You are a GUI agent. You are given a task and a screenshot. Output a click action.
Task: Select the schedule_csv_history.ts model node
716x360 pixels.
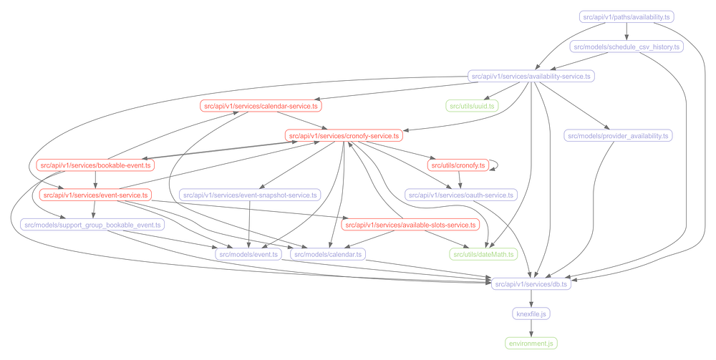point(626,47)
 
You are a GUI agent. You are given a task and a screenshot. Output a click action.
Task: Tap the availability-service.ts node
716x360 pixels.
point(531,76)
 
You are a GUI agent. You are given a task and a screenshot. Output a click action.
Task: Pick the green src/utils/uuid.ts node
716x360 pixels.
point(471,106)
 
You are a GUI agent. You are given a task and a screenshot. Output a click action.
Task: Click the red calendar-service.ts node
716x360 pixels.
point(261,106)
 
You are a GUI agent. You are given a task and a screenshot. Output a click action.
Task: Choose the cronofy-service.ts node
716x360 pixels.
point(344,135)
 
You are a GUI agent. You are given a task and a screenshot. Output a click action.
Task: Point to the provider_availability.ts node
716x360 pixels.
point(618,135)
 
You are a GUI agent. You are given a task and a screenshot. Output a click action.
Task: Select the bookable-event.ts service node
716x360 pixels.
point(95,165)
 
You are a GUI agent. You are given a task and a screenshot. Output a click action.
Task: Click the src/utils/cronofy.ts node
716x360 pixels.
point(457,165)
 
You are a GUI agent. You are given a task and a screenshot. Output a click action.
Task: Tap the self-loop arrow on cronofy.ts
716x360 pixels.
point(496,164)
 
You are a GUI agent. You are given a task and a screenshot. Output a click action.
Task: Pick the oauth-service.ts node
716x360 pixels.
point(460,195)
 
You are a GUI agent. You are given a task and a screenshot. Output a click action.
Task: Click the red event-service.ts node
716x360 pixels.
point(95,195)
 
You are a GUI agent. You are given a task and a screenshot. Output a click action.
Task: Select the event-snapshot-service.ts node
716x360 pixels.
point(250,195)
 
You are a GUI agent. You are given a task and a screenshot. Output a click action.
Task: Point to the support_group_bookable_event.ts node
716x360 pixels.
point(93,225)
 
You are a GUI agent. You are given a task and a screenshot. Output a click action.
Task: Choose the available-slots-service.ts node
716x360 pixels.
point(410,225)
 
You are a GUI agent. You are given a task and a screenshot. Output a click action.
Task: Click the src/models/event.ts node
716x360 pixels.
point(248,254)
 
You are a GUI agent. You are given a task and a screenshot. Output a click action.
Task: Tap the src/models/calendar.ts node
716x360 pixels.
point(328,254)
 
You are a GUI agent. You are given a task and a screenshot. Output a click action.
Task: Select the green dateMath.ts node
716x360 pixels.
point(483,254)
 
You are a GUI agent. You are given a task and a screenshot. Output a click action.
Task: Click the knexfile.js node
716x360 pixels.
point(531,313)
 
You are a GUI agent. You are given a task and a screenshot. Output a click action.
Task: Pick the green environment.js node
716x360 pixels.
point(531,344)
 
